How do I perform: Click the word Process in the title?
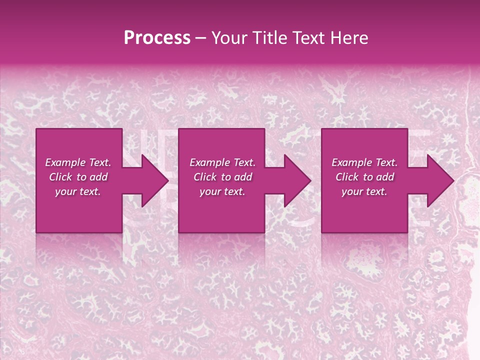(x=157, y=37)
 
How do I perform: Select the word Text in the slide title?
(x=308, y=37)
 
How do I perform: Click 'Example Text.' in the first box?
(x=78, y=162)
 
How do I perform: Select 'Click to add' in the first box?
(x=78, y=177)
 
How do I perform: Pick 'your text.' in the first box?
(x=78, y=191)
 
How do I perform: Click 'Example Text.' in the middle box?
(x=222, y=162)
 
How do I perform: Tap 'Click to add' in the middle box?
(x=222, y=177)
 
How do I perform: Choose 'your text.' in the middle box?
(x=222, y=191)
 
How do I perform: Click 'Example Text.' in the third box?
(x=364, y=162)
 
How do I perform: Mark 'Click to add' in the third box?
(x=364, y=177)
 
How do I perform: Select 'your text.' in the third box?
(x=364, y=191)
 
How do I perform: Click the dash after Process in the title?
(x=201, y=38)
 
